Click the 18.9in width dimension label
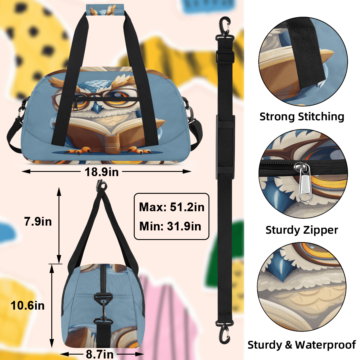102,172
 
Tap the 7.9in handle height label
38,222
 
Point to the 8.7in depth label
100,354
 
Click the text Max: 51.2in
172,207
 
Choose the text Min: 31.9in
170,226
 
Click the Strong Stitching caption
302,117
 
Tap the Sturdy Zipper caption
302,230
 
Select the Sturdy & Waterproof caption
301,345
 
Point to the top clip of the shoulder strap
224,29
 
